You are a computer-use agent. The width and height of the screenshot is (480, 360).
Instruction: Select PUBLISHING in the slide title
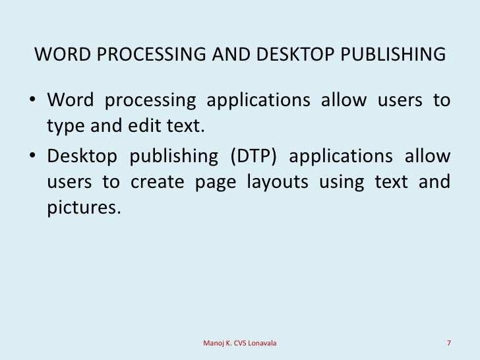[392, 54]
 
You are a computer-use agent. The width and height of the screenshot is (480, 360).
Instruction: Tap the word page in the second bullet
[216, 182]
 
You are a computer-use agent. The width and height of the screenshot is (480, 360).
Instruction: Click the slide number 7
[448, 343]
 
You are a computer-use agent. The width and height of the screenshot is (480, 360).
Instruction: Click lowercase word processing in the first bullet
[154, 102]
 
